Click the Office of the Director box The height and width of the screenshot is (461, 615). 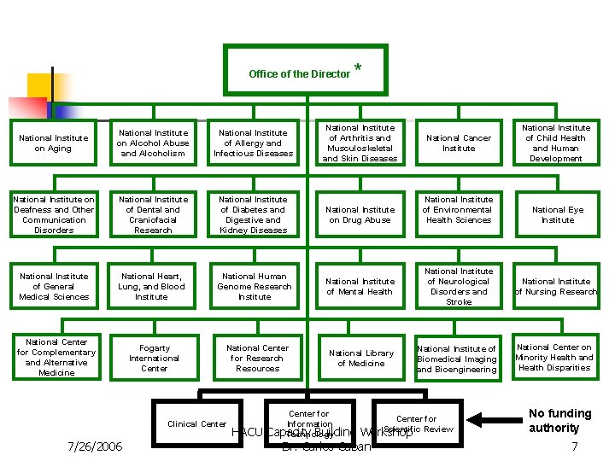[x=305, y=70]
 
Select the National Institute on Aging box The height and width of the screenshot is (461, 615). [x=54, y=143]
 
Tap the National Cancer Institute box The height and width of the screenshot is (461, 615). [x=459, y=143]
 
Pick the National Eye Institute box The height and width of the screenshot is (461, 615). [x=557, y=214]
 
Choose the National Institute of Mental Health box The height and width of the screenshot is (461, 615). [x=360, y=286]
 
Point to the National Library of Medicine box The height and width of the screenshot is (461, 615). [x=360, y=358]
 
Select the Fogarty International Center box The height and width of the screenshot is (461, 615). [x=154, y=358]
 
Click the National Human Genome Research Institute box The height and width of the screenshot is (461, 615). [x=255, y=286]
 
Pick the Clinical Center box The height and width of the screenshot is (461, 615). [x=197, y=423]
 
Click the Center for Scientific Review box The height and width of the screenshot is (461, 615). [x=417, y=423]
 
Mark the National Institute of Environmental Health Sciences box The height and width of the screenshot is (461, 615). [x=459, y=214]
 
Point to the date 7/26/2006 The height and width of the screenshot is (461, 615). [x=95, y=446]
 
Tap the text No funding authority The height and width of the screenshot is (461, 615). [x=559, y=420]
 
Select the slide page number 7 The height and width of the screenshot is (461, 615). [x=575, y=446]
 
